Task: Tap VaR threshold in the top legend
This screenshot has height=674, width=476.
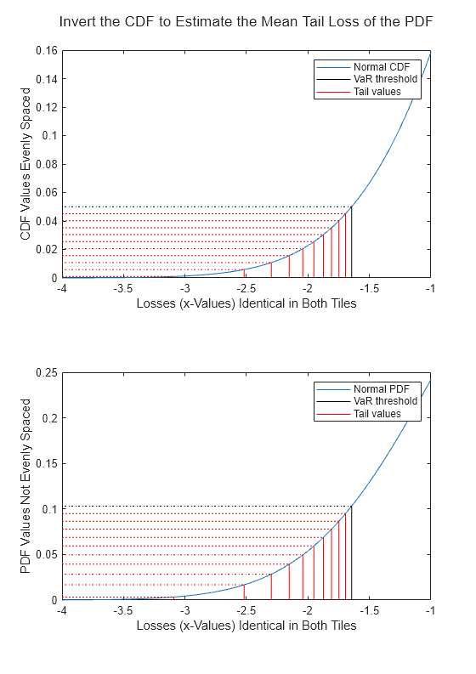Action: [x=385, y=79]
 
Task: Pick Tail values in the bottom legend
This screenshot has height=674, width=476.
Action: [x=377, y=414]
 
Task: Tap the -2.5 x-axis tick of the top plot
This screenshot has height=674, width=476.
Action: [x=246, y=289]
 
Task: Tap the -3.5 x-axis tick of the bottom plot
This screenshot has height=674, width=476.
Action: [x=122, y=611]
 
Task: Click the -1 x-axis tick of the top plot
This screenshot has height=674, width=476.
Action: [x=429, y=289]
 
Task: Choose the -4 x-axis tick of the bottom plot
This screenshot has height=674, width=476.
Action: [x=61, y=611]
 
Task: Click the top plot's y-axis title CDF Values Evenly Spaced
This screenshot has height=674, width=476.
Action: [x=25, y=165]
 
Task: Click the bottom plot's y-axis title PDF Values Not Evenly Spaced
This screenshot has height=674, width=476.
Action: [x=25, y=486]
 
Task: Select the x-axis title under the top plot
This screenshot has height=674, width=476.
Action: [x=246, y=303]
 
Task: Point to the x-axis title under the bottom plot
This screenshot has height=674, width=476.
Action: [x=246, y=626]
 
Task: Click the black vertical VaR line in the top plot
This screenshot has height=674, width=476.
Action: [x=351, y=246]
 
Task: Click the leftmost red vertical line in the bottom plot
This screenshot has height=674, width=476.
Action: [x=244, y=592]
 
